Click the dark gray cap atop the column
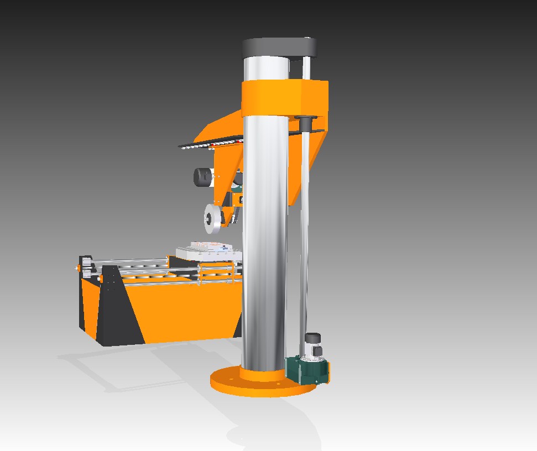coord(279,46)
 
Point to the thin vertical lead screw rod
coord(305,232)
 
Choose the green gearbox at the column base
coord(301,370)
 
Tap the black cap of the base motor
coord(313,337)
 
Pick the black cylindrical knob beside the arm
coord(202,177)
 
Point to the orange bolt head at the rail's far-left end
coord(76,268)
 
